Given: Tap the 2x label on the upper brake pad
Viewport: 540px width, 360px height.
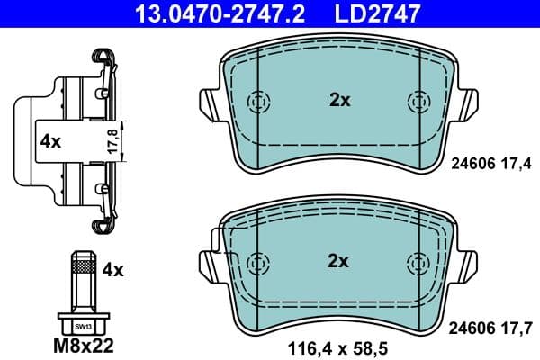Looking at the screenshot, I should click(338, 101).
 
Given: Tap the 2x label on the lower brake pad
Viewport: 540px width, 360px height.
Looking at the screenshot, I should click(338, 262).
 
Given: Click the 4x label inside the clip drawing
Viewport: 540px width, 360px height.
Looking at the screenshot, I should click(49, 141).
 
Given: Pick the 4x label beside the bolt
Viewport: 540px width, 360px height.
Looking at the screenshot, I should click(112, 269).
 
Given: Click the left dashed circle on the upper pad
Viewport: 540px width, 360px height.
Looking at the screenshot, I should click(259, 102).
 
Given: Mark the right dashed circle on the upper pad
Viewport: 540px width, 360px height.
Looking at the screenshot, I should click(418, 102).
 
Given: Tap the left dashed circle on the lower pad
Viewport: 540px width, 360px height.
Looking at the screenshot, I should click(259, 263).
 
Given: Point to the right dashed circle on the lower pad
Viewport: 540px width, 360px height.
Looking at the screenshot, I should click(418, 263).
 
